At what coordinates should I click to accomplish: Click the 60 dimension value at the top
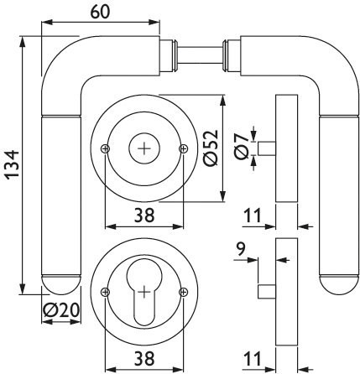pyautogui.click(x=101, y=12)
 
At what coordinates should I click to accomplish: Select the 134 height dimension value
pyautogui.click(x=12, y=165)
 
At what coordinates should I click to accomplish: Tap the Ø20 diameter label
pyautogui.click(x=61, y=310)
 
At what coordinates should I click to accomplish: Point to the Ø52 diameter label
pyautogui.click(x=211, y=148)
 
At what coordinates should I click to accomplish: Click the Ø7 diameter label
pyautogui.click(x=241, y=146)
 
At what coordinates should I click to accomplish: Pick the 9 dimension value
pyautogui.click(x=241, y=249)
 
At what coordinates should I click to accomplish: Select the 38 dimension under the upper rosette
pyautogui.click(x=144, y=216)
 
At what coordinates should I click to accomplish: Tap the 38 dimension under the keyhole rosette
pyautogui.click(x=144, y=359)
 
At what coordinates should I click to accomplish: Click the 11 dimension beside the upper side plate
pyautogui.click(x=253, y=216)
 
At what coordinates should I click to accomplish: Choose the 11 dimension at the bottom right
pyautogui.click(x=253, y=359)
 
